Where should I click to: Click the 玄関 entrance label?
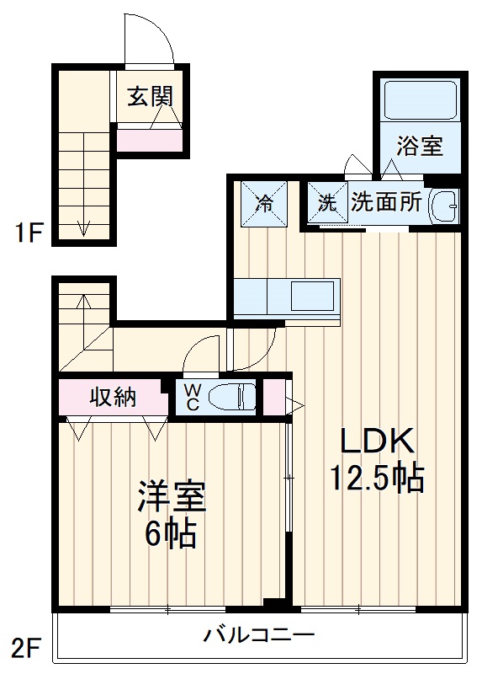click(150, 96)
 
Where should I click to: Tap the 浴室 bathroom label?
click(420, 146)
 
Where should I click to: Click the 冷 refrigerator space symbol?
click(264, 204)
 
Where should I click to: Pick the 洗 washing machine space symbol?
click(326, 203)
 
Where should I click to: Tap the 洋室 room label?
click(172, 498)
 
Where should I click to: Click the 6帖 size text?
click(171, 534)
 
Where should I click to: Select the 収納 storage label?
click(114, 397)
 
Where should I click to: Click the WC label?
click(192, 397)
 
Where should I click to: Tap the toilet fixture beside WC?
click(230, 397)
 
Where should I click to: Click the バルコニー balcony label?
click(258, 634)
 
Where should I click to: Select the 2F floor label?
click(27, 648)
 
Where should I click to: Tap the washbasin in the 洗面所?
click(443, 205)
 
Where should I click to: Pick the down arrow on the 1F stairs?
click(84, 226)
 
